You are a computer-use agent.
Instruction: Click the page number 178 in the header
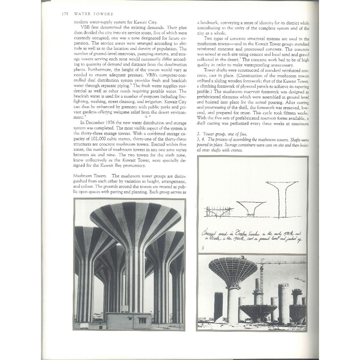[64, 14]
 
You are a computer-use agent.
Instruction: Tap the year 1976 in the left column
[111, 123]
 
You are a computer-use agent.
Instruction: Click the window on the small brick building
[142, 320]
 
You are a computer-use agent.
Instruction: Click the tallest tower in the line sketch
[282, 197]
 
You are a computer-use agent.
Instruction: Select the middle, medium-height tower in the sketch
[251, 208]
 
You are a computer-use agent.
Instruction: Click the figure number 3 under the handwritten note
[203, 248]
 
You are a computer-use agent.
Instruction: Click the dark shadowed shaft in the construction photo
[218, 307]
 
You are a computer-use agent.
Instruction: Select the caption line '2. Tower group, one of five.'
[222, 134]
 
